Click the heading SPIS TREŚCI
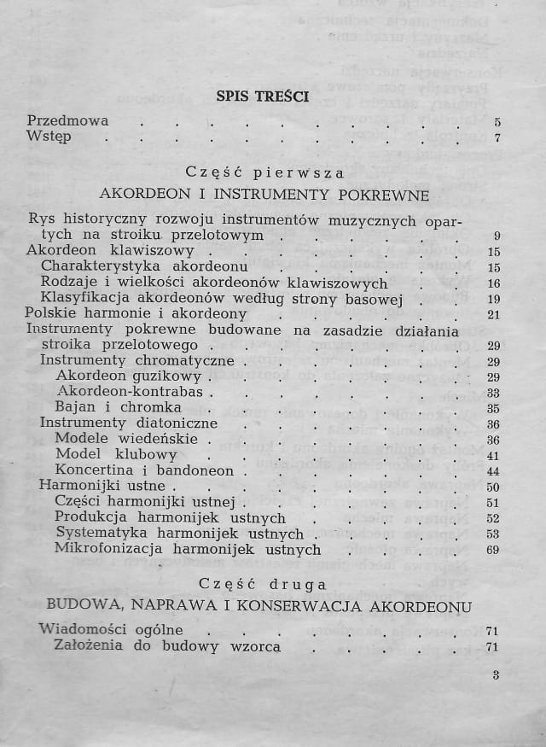(x=262, y=96)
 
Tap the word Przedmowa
(x=67, y=120)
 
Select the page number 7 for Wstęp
(x=497, y=137)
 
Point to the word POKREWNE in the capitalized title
(x=373, y=194)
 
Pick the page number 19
(x=493, y=299)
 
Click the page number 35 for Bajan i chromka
(x=493, y=408)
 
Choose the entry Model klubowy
(x=104, y=454)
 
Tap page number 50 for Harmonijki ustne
(x=493, y=487)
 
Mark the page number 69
(x=493, y=550)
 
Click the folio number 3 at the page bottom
(x=496, y=674)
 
